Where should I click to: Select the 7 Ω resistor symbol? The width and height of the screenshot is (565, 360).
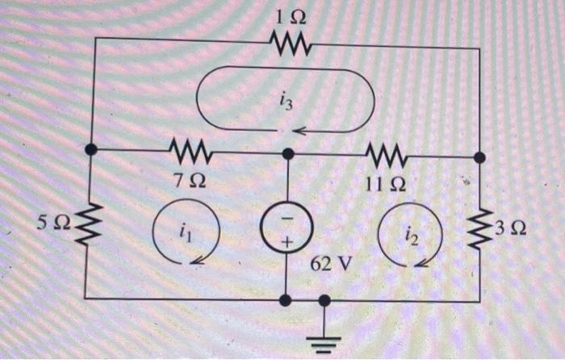pyautogui.click(x=190, y=150)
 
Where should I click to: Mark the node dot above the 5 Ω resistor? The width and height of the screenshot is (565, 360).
pyautogui.click(x=92, y=149)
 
